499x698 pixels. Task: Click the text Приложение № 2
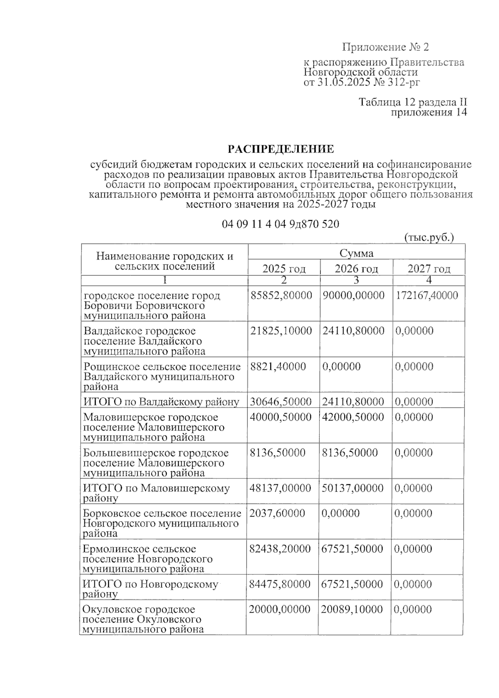[x=385, y=47]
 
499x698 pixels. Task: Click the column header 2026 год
[x=356, y=269]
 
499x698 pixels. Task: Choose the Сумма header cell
[x=356, y=253]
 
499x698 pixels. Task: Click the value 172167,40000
[x=427, y=295]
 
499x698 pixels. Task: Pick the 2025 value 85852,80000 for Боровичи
[x=281, y=295]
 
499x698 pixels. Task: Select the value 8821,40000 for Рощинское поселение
[x=278, y=366]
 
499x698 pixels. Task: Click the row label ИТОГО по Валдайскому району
[x=161, y=402]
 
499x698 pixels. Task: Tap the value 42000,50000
[x=353, y=417]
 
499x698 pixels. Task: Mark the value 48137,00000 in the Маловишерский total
[x=280, y=488]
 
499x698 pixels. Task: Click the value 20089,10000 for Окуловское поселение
[x=352, y=609]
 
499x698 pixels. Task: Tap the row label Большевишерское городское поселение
[x=156, y=463]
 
